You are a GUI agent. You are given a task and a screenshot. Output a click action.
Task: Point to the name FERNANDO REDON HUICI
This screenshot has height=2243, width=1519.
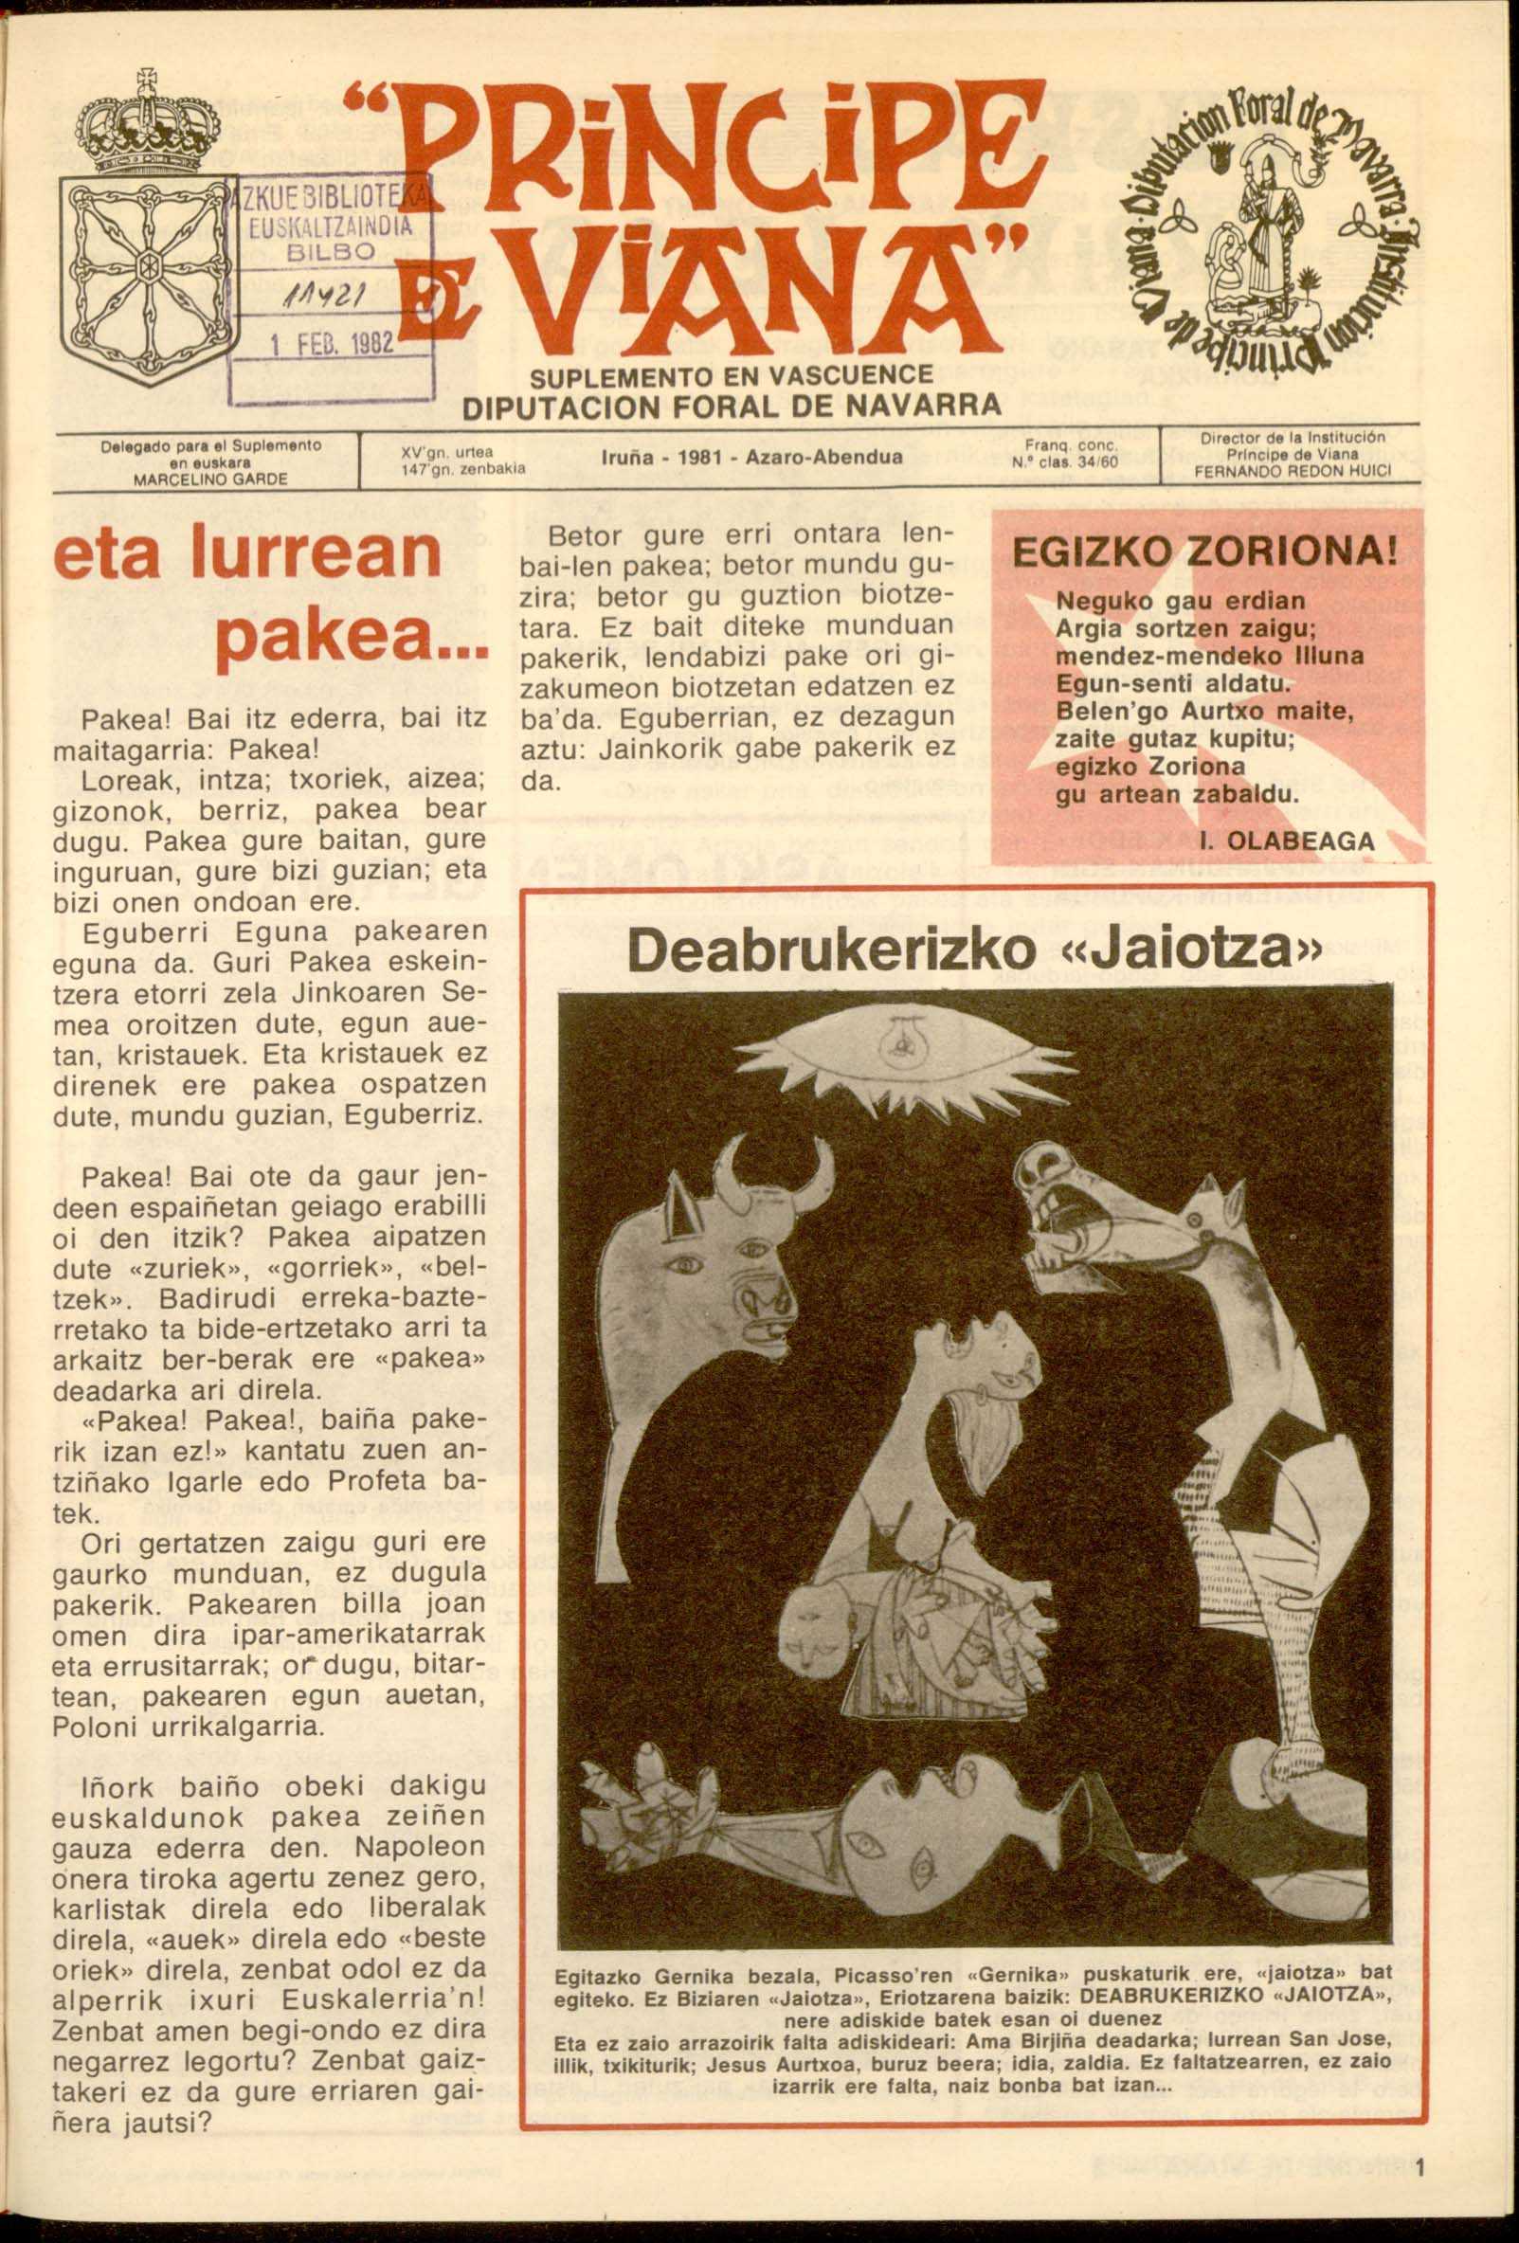(x=1293, y=473)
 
